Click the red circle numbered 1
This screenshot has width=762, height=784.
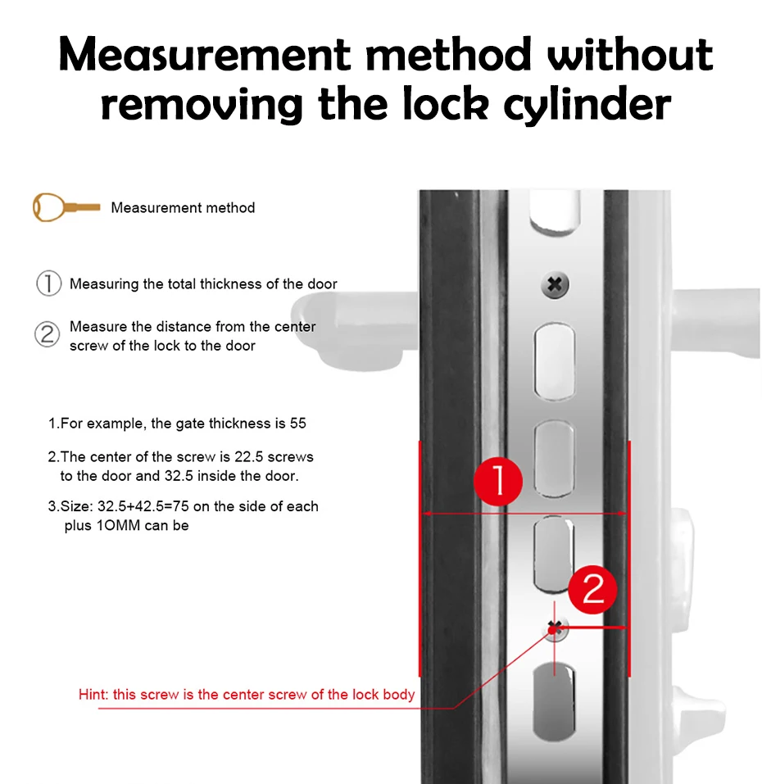tap(498, 481)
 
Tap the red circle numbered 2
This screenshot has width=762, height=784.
tap(593, 590)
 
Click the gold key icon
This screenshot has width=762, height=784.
tap(66, 207)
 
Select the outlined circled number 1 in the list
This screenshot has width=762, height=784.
tap(48, 283)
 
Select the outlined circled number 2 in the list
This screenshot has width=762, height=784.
tap(48, 334)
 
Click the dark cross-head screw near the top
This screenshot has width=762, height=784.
tap(555, 285)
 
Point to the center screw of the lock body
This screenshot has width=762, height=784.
tap(555, 629)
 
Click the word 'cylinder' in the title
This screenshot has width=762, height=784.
tap(587, 106)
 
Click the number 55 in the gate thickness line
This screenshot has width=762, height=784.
tap(298, 424)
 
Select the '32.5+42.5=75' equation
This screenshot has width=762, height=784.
tap(143, 506)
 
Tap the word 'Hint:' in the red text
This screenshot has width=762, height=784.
tap(93, 695)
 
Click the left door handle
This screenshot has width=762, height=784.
tap(354, 330)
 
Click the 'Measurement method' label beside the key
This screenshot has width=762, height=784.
tap(183, 207)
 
